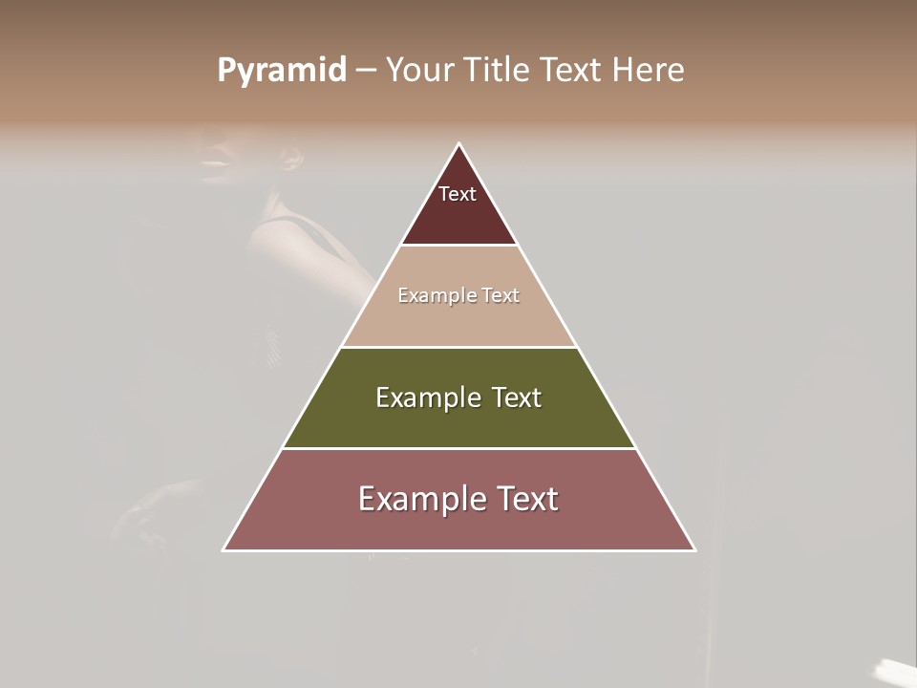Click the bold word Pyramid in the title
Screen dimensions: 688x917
coord(282,71)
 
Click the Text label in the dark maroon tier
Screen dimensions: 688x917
coord(458,194)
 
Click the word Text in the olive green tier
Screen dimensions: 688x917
coord(517,398)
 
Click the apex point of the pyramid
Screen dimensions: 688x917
coord(459,144)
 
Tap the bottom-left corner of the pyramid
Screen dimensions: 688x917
coord(224,550)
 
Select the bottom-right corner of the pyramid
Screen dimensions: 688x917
coord(694,550)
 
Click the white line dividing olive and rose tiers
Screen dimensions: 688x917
coord(459,448)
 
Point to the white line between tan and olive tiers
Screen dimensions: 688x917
coord(459,347)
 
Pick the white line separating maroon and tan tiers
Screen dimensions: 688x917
coord(459,246)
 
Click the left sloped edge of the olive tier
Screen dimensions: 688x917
coord(311,398)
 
